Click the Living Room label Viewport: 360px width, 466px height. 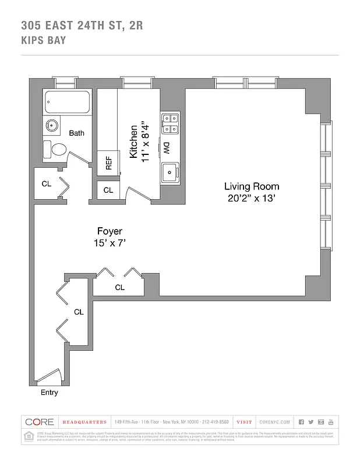pyautogui.click(x=252, y=186)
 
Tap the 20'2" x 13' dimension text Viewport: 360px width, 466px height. pyautogui.click(x=252, y=198)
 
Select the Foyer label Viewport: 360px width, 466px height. pyautogui.click(x=110, y=231)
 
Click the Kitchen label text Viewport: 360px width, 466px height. pyautogui.click(x=133, y=141)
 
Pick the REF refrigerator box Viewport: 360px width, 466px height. pyautogui.click(x=108, y=163)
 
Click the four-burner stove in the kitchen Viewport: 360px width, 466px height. pyautogui.click(x=170, y=122)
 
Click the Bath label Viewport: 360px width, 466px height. pyautogui.click(x=76, y=133)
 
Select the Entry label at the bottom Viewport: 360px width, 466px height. pyautogui.click(x=49, y=393)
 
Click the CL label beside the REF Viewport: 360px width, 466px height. pyautogui.click(x=108, y=190)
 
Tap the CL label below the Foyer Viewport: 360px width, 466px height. pyautogui.click(x=119, y=287)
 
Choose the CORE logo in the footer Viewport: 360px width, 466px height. pyautogui.click(x=39, y=422)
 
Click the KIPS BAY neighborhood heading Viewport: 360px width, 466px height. pyautogui.click(x=43, y=40)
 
